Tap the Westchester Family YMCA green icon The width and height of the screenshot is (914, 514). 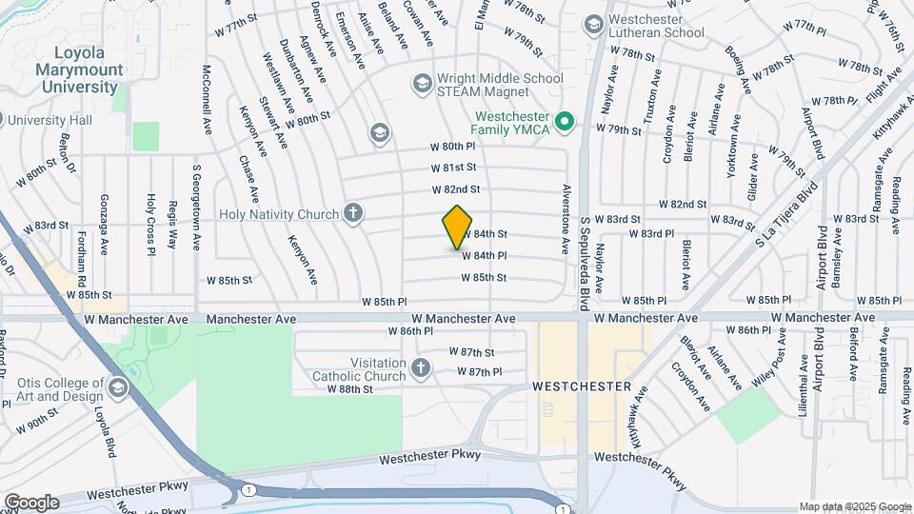coord(564,120)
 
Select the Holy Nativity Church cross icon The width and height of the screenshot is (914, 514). coord(353,212)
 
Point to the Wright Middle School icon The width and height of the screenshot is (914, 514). coord(421,85)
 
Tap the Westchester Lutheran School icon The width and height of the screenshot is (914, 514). coord(594,24)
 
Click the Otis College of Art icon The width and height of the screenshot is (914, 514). coord(117,386)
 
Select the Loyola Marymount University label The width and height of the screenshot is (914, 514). coord(79,69)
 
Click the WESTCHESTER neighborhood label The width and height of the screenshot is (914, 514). coord(582,386)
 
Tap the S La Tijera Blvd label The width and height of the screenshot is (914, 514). coord(786,220)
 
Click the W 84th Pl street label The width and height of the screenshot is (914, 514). coord(484,255)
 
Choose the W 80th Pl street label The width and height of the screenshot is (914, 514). coord(452,147)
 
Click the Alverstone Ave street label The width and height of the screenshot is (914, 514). coord(566,219)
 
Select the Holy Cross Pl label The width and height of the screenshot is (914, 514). coord(150,225)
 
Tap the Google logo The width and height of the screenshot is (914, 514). coord(31,502)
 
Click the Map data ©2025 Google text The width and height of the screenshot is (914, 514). coord(854,506)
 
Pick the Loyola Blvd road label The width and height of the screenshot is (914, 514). coord(105,433)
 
